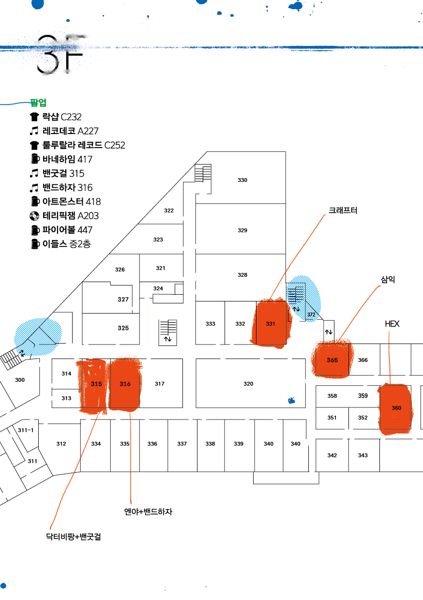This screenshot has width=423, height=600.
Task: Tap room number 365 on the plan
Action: tap(332, 360)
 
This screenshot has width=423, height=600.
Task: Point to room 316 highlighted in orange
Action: tap(125, 384)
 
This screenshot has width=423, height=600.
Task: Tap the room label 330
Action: tap(242, 180)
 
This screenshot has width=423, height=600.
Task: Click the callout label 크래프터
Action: tap(343, 210)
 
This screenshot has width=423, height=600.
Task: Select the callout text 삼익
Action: tap(388, 280)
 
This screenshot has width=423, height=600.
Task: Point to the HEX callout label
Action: tap(392, 324)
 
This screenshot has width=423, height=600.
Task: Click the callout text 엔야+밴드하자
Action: tap(148, 512)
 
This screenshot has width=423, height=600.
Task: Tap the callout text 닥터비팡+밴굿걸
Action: tap(74, 537)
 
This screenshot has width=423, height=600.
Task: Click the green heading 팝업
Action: tap(38, 102)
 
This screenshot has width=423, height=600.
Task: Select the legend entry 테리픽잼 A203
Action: tap(71, 216)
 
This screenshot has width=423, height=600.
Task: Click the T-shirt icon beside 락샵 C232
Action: tap(34, 117)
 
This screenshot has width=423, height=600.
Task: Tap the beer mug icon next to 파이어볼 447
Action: tap(35, 230)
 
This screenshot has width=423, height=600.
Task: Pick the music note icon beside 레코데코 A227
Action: tap(34, 131)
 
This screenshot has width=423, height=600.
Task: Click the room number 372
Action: tap(311, 315)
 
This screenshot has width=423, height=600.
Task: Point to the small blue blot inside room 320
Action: tap(291, 401)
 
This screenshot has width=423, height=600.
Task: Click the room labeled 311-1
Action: tap(26, 430)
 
